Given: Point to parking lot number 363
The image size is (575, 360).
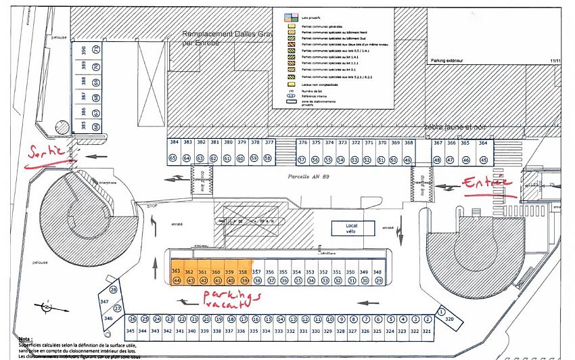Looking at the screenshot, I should pyautogui.click(x=176, y=271).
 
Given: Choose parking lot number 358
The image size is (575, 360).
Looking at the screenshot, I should pyautogui.click(x=244, y=271).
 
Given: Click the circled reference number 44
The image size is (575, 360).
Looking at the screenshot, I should pyautogui.click(x=176, y=280).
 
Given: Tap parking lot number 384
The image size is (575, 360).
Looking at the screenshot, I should pyautogui.click(x=174, y=143).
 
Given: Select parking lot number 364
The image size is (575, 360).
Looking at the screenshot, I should pyautogui.click(x=483, y=143).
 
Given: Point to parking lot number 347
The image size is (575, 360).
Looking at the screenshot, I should pyautogui.click(x=104, y=301).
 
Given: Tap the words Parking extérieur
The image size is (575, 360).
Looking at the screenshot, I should pyautogui.click(x=448, y=60).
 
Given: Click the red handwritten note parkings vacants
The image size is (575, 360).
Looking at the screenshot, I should pyautogui.click(x=226, y=302).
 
